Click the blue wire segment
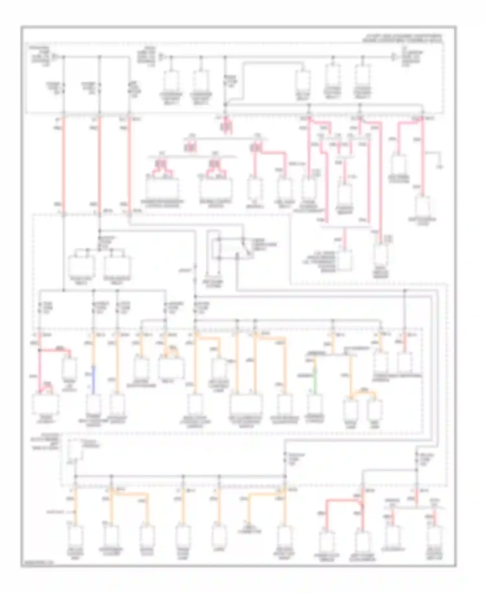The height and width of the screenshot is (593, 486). pyautogui.click(x=93, y=380)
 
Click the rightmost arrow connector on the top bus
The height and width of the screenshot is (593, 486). pyautogui.click(x=394, y=57)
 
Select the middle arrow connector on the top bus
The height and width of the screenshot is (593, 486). pyautogui.click(x=161, y=57)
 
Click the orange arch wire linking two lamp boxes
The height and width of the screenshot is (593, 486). pyautogui.click(x=363, y=393)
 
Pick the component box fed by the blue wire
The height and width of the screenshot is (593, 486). pyautogui.click(x=93, y=404)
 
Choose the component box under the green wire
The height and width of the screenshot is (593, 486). pyautogui.click(x=314, y=404)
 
